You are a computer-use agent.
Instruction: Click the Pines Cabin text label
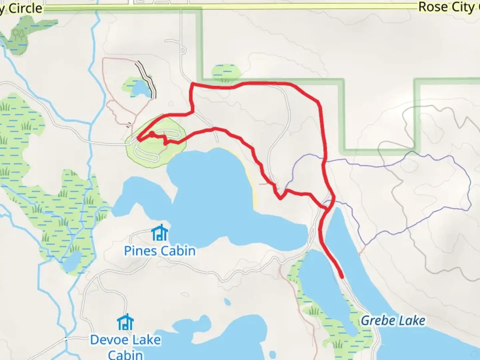tap(160, 251)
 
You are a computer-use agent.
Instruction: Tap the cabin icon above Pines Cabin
tap(160, 233)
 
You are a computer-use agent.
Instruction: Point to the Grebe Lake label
tap(393, 321)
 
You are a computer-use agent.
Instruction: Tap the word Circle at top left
tap(25, 9)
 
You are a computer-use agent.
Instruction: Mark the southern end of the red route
tap(342, 277)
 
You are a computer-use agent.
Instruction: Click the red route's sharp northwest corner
tap(192, 83)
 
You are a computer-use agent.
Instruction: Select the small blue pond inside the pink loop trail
tap(140, 89)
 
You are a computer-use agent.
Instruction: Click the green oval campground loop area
tap(156, 140)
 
